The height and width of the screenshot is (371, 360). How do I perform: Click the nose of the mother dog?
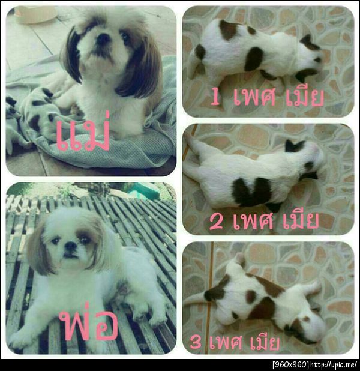coord(104,39)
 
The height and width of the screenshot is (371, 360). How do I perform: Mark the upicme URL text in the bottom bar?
coord(333,364)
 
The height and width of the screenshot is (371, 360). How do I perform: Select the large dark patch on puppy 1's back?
coord(253,58)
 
